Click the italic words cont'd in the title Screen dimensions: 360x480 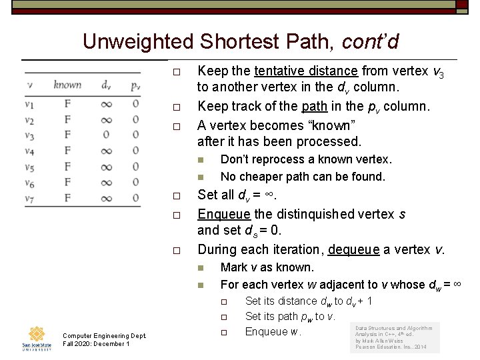tap(370, 42)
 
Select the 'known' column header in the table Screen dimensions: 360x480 tap(67, 85)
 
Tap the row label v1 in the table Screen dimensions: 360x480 tap(29, 103)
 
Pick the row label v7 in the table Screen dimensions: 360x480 tap(29, 199)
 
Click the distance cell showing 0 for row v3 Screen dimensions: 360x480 tap(106, 135)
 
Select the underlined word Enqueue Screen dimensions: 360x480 tap(225, 215)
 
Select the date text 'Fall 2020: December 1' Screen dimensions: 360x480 tap(96, 344)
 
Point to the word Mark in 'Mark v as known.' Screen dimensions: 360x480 tap(234, 267)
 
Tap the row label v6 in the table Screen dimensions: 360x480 tap(29, 183)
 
